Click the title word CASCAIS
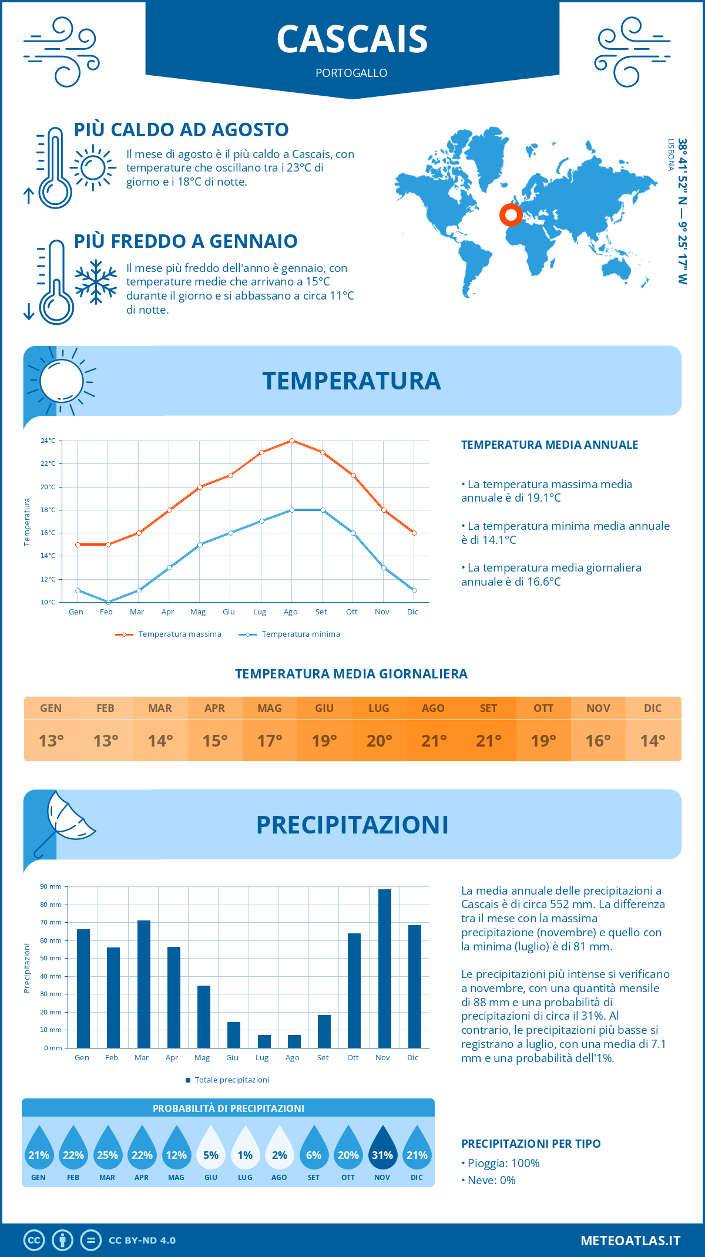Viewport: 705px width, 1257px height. click(x=352, y=39)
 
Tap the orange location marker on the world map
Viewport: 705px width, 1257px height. click(x=511, y=215)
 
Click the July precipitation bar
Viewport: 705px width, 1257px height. click(x=264, y=1041)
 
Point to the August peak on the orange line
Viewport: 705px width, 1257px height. click(x=292, y=441)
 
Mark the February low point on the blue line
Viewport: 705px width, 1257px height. click(x=108, y=602)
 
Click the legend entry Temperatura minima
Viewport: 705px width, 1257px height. click(x=300, y=634)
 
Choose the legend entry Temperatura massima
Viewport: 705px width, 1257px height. click(x=179, y=634)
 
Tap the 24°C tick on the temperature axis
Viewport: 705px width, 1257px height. click(x=48, y=441)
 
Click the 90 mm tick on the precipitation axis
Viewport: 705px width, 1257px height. click(x=51, y=886)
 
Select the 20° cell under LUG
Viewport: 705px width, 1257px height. click(x=379, y=741)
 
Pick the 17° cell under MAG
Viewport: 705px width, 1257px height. click(x=270, y=741)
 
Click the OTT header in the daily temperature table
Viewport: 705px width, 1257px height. click(x=543, y=708)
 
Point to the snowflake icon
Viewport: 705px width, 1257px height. click(x=96, y=281)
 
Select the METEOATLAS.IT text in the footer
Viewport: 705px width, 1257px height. click(x=630, y=1241)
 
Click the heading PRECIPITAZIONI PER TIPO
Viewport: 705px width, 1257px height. click(x=531, y=1144)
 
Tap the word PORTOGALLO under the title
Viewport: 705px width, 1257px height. click(x=351, y=73)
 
